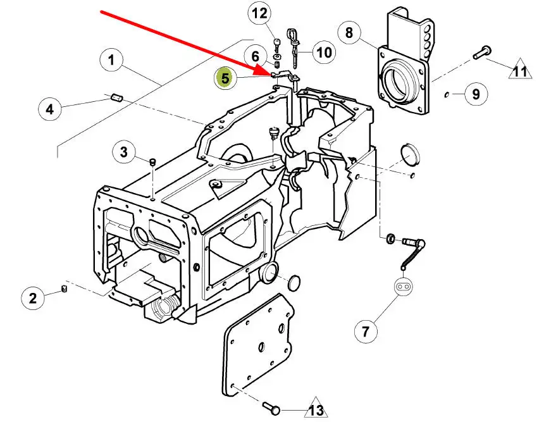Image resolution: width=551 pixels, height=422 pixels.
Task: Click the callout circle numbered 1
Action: point(111,61)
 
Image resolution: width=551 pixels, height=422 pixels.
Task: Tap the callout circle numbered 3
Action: point(124,152)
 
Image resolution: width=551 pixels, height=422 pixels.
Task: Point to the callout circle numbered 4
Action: point(49,109)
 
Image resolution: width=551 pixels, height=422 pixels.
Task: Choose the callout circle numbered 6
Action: point(255,56)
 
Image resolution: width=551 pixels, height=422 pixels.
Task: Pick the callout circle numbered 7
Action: point(366,330)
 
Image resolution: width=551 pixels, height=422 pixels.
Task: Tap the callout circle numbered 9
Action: point(475,95)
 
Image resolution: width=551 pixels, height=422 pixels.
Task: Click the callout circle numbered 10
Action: point(323,51)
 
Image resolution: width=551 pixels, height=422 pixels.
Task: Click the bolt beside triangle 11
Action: point(482,52)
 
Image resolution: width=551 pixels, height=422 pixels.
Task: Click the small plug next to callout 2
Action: point(65,290)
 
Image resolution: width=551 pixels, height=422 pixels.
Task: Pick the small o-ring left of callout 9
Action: point(448,95)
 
